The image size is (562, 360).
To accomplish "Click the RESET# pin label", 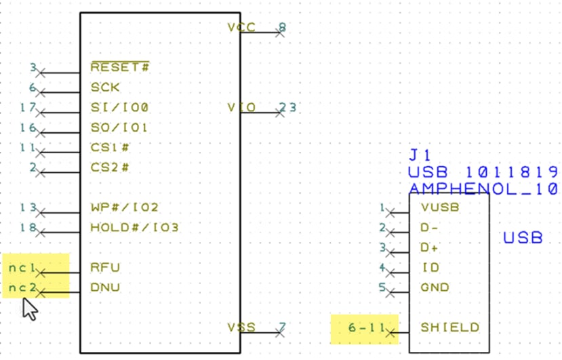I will (120, 67).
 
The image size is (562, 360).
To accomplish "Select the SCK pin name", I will (105, 87).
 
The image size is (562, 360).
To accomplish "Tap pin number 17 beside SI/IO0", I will (28, 107).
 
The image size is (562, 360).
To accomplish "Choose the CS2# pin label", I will (110, 167).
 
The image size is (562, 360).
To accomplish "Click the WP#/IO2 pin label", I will (124, 207).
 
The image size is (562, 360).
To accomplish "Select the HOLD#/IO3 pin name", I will (134, 228).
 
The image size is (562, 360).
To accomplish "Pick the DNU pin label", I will (105, 287).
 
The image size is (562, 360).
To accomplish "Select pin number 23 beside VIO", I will (287, 107).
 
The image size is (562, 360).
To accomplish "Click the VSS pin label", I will (241, 327).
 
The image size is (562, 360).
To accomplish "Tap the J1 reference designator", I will (420, 155).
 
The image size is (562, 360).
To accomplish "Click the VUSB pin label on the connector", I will (439, 207).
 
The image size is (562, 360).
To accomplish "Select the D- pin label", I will (430, 228).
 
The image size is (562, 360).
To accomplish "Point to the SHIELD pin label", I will (449, 327).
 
